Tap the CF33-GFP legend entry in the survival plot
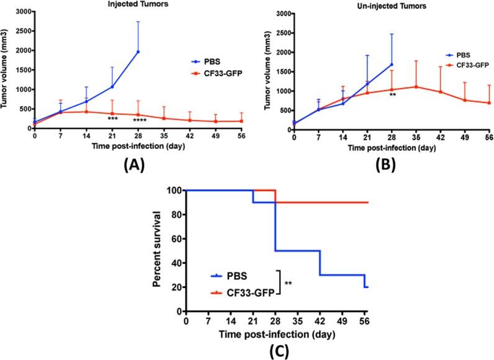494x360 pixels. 243,289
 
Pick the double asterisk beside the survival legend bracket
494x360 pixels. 289,283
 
